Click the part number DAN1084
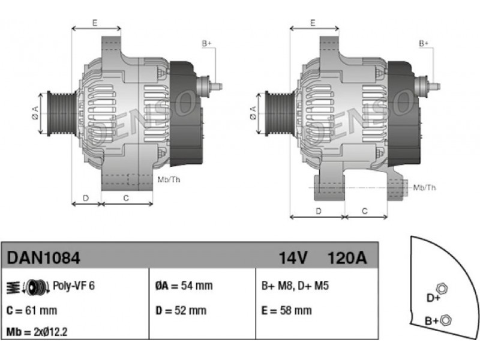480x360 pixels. [x=43, y=258]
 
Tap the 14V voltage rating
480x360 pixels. [x=293, y=258]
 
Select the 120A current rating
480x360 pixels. [x=346, y=258]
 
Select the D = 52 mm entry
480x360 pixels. [x=181, y=310]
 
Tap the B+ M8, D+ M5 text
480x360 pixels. [x=294, y=286]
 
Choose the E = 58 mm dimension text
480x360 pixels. [x=287, y=310]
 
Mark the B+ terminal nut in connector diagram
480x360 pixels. [x=445, y=319]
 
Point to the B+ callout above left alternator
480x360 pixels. [x=206, y=43]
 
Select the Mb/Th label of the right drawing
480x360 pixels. [x=424, y=188]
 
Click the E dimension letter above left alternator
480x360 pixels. [x=95, y=23]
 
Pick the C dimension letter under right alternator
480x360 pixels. [x=365, y=211]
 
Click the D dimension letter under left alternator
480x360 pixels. [x=86, y=197]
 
